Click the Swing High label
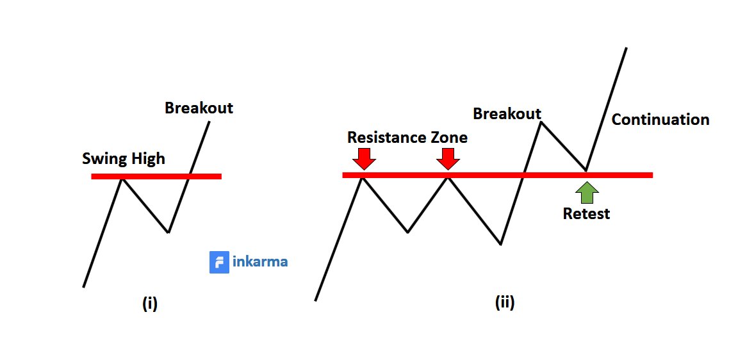pos(123,158)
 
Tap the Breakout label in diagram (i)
pos(199,108)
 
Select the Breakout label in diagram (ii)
pos(507,113)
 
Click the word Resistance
pos(386,137)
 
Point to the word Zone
pos(448,137)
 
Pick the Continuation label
pos(660,120)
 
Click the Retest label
pos(586,214)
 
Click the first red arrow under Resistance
pos(364,158)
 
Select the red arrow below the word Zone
pos(448,158)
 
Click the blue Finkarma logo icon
pos(219,262)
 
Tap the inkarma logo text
pos(260,262)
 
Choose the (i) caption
pos(149,304)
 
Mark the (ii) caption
pos(505,303)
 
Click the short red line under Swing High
pos(156,176)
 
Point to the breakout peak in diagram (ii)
pos(541,122)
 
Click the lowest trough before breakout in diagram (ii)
pos(500,244)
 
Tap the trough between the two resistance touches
pos(407,232)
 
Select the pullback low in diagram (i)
pos(168,232)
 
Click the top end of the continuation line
pos(626,48)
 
